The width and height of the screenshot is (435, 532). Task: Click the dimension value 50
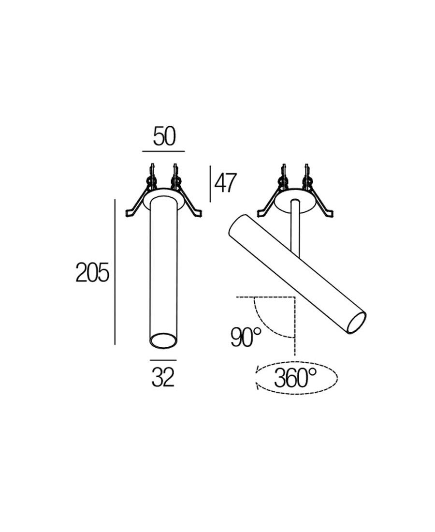tap(164, 136)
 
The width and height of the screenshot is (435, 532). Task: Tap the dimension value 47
tap(224, 183)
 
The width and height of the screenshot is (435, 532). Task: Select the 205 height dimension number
tap(93, 272)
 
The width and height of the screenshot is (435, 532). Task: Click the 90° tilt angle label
tap(246, 337)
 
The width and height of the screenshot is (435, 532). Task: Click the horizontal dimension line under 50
tap(163, 151)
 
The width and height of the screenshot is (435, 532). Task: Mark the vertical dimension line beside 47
tap(210, 184)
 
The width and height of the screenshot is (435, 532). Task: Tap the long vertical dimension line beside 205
tap(115, 272)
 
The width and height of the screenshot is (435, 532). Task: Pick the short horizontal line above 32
tap(163, 360)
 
